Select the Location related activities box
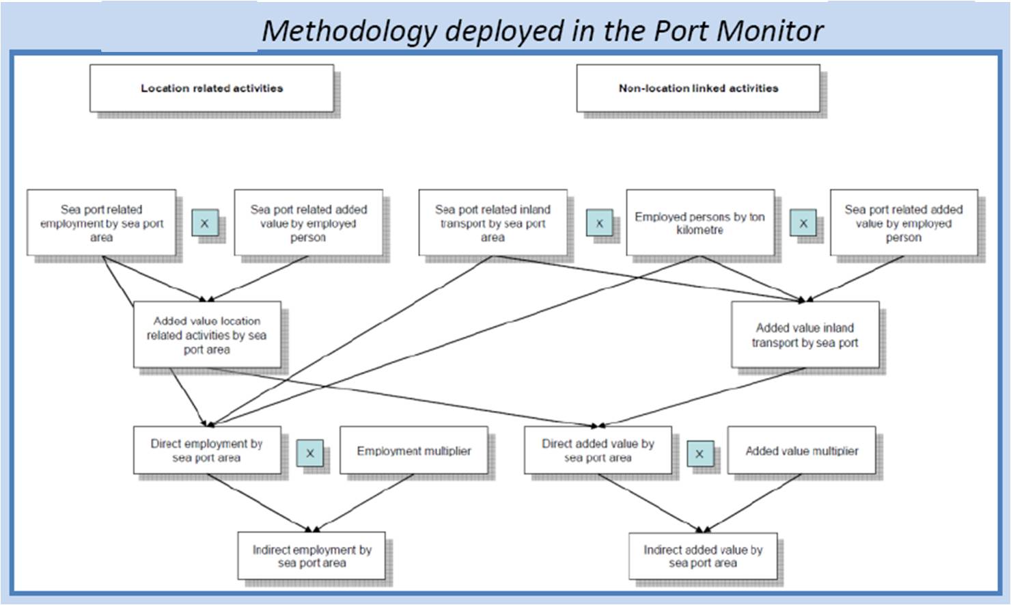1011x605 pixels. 212,88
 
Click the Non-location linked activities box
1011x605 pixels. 698,88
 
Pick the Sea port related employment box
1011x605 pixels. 102,223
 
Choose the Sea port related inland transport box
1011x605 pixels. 493,223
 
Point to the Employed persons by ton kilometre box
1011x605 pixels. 700,223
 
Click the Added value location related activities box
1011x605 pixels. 207,335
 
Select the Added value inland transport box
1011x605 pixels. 805,335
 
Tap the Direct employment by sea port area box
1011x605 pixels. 206,451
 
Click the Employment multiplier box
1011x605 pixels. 414,451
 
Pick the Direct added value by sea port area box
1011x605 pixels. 598,451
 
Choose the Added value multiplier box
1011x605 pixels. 801,451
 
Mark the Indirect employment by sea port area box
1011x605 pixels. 311,556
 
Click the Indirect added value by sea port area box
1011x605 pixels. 703,556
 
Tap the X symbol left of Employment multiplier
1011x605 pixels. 310,453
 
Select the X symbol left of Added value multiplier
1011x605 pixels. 700,453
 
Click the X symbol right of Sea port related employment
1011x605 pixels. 204,224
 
